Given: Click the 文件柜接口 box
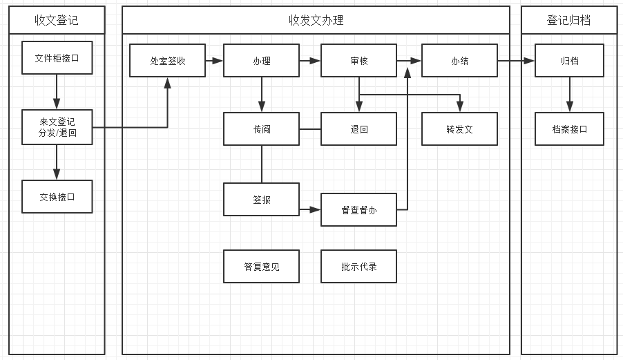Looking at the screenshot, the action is [57, 57].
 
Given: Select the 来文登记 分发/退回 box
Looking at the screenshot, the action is [57, 127].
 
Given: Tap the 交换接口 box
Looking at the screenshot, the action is [57, 197].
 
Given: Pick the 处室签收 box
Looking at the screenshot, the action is [167, 60].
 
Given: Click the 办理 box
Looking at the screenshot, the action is [262, 60].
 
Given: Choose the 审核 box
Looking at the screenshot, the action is [358, 60].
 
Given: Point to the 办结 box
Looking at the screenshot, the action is [459, 60].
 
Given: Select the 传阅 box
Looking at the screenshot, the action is [262, 129].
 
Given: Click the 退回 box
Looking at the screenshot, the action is [358, 129].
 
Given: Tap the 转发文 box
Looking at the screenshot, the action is [459, 129].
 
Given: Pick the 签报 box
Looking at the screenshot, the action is [262, 200].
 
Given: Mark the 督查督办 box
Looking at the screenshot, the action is [358, 210].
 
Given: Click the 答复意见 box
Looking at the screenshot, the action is [262, 266].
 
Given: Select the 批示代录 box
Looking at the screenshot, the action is [358, 266].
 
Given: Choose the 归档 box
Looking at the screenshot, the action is [569, 60].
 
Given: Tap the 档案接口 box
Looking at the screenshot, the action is [569, 129].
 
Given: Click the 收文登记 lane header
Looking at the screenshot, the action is [57, 20].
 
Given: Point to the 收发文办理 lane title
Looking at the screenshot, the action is [316, 20].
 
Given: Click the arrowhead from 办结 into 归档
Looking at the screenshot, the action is [529, 61].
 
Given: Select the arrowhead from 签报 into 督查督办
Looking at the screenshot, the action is [315, 209].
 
